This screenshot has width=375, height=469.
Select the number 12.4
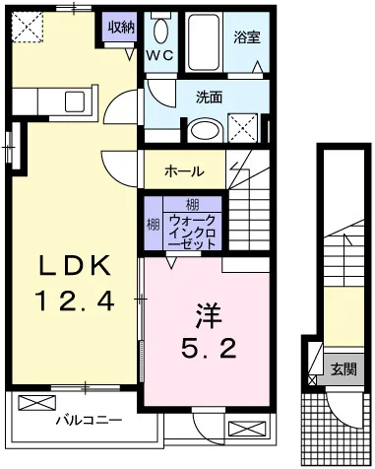point(73,299)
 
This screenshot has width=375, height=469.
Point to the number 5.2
point(209,349)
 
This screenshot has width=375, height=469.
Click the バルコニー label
point(88,420)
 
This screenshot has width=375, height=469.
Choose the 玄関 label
point(344,369)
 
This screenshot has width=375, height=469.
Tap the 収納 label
point(122,27)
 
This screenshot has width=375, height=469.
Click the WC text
point(160,56)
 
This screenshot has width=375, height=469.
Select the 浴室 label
point(246,40)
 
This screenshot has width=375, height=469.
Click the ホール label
point(184,170)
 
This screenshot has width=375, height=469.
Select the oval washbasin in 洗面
point(206,131)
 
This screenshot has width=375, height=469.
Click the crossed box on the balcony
point(36,404)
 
